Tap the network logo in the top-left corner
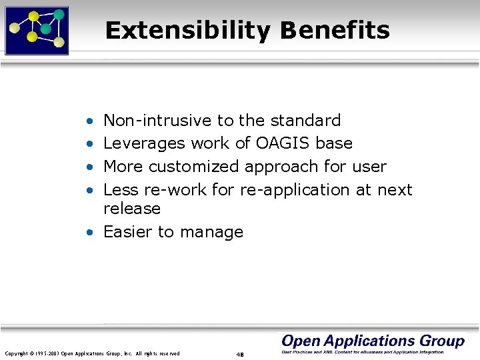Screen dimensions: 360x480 tap(37, 30)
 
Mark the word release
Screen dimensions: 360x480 tap(132, 209)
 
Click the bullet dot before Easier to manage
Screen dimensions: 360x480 tap(89, 233)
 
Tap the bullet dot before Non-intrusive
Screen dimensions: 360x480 tap(89, 121)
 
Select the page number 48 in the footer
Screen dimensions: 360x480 tap(239, 354)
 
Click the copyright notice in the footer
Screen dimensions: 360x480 tap(92, 353)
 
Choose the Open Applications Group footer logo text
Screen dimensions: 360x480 tap(373, 341)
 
